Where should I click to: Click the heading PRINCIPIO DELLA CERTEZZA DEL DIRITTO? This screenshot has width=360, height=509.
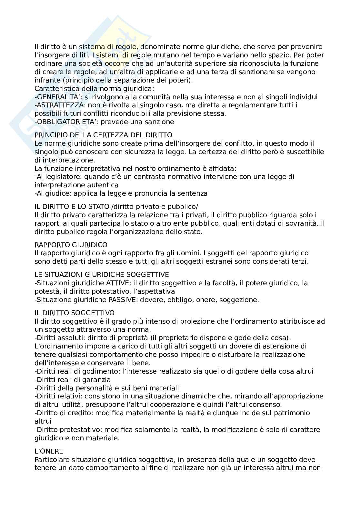(x=103, y=135)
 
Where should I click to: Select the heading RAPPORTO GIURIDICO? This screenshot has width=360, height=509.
(x=71, y=245)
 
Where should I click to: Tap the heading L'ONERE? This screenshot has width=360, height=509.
(x=49, y=451)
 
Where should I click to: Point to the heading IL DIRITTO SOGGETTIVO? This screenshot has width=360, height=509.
(x=75, y=313)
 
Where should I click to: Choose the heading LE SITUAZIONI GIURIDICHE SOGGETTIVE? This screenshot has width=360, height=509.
(x=102, y=275)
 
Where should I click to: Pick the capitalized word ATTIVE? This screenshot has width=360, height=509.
(x=117, y=283)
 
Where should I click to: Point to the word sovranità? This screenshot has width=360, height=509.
(x=302, y=223)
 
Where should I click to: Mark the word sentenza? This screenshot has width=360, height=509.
(x=193, y=193)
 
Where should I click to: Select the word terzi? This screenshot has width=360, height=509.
(x=300, y=261)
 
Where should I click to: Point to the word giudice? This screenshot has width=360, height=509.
(x=60, y=193)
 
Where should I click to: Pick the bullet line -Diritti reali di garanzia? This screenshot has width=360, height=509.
(x=73, y=380)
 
